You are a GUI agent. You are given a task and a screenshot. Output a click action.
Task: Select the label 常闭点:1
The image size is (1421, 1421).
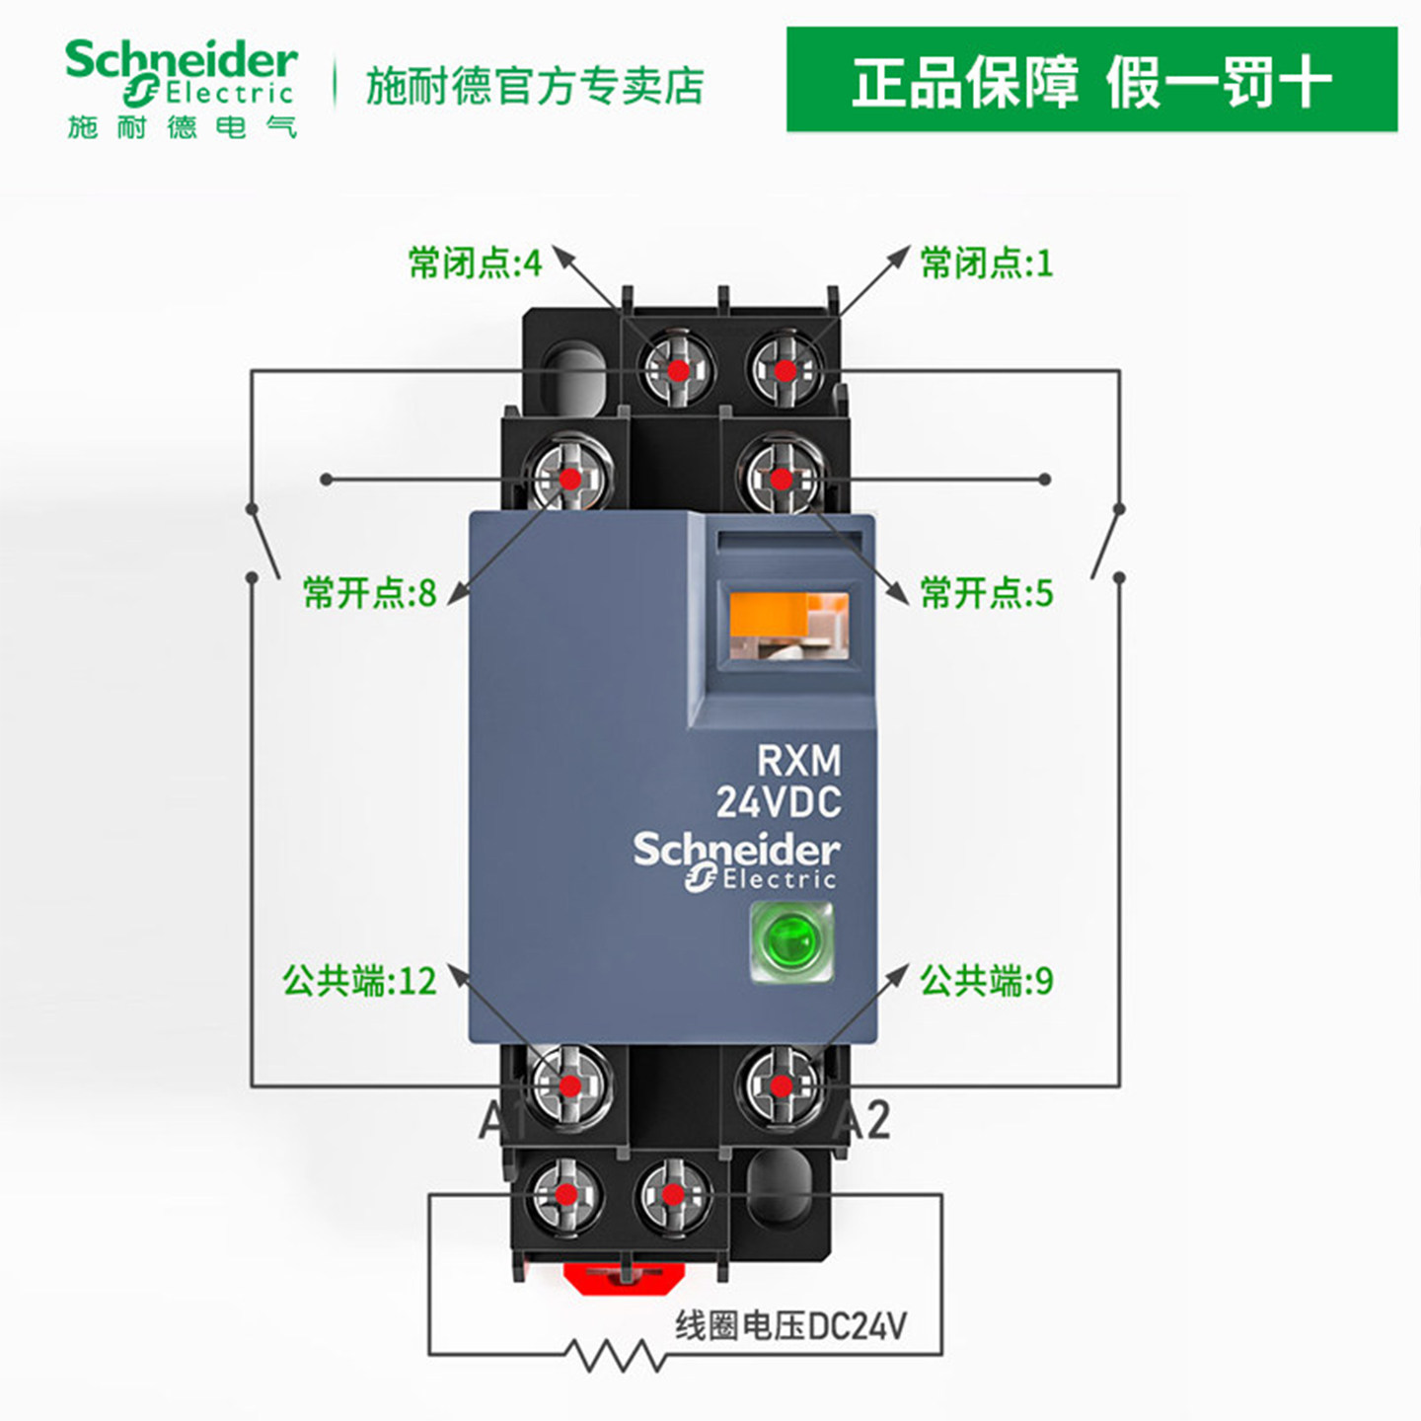point(986,263)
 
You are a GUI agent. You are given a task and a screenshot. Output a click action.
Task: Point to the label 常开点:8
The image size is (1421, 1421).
point(369,593)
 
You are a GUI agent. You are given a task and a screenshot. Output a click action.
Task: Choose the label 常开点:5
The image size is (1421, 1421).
point(986,593)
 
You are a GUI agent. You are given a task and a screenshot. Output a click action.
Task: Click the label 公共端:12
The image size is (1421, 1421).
point(359,981)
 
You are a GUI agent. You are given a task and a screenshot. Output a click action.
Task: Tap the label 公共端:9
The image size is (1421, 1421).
point(986,981)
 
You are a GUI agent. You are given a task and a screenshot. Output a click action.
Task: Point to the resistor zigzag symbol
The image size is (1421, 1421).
point(620,1354)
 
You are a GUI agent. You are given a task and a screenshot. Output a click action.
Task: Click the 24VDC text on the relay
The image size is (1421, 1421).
point(779,802)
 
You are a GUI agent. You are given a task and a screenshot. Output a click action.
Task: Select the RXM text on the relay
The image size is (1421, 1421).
point(798,761)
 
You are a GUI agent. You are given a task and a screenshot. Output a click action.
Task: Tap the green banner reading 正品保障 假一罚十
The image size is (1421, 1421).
point(1091,80)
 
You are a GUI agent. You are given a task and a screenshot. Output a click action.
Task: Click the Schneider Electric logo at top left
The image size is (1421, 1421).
point(181,87)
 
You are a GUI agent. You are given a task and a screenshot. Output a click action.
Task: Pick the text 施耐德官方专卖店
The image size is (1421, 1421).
point(534,86)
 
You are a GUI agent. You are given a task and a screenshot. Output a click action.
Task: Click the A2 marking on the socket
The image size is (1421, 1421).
point(863,1121)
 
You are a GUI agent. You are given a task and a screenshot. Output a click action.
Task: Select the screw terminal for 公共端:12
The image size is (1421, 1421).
point(569,1085)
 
